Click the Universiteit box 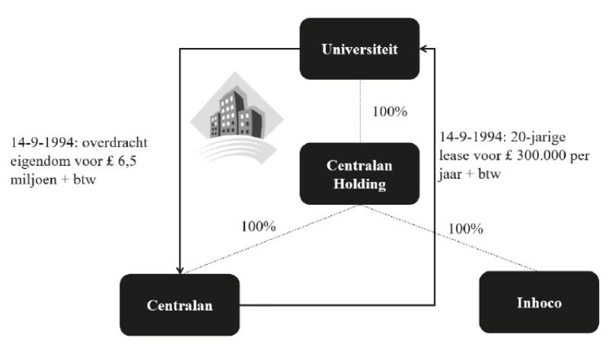coord(359,49)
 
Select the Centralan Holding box coord(359,173)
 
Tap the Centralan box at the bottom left coord(180,304)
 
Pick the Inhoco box coord(539,302)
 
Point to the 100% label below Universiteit coord(390,111)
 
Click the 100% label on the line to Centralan coord(258,226)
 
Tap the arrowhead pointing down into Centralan coord(180,269)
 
